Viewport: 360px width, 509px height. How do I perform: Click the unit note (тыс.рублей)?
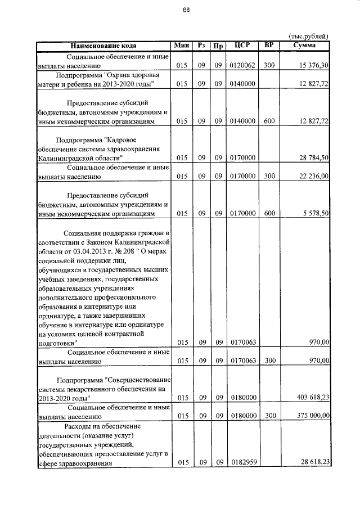coord(308,36)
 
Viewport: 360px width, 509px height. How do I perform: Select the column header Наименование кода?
coord(103,46)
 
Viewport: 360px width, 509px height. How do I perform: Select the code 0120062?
coord(242,66)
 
